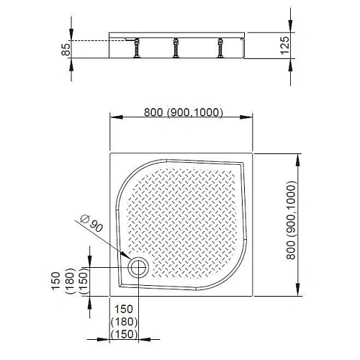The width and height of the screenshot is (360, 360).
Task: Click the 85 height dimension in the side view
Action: click(x=66, y=50)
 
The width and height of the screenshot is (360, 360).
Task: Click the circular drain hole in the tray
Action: click(x=138, y=267)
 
